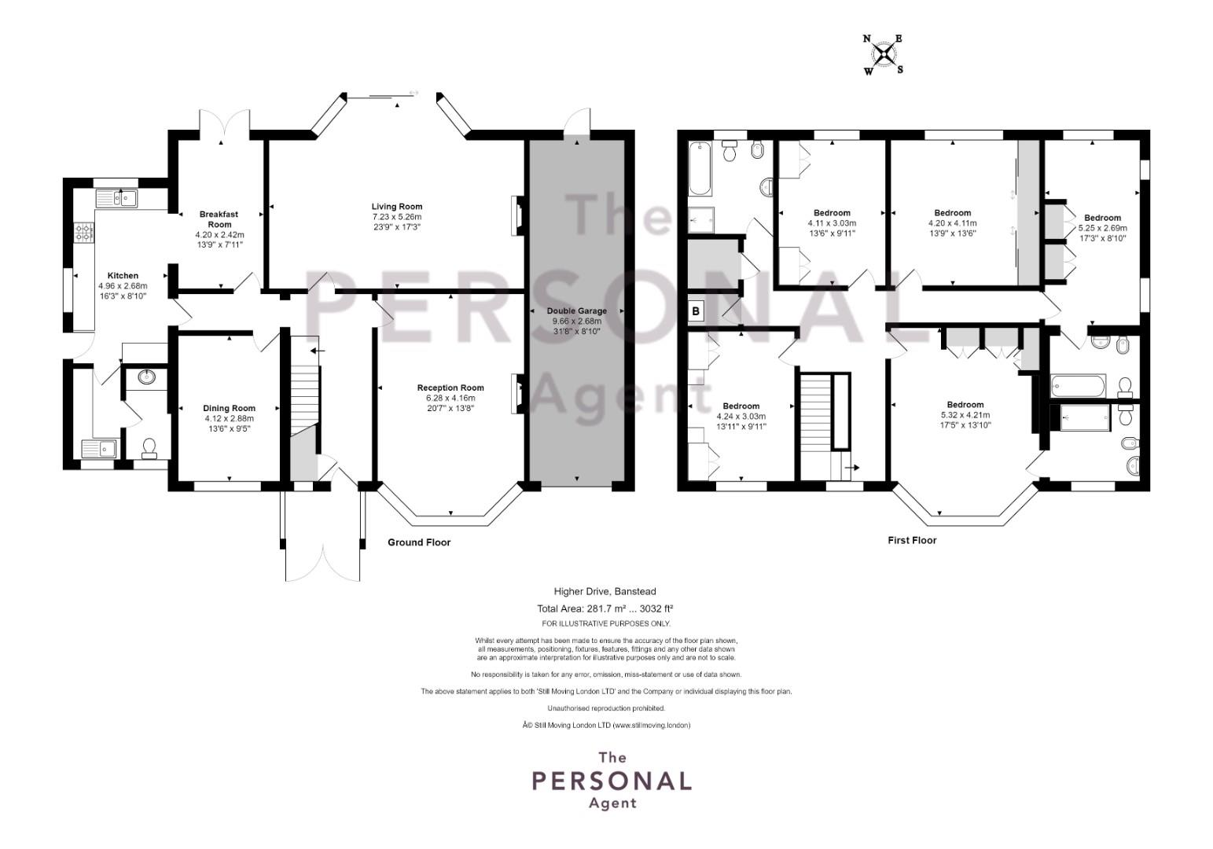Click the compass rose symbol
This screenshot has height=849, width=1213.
pos(884,54)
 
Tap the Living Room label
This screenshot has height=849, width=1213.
pos(397,206)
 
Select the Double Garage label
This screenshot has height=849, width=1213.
pos(577,311)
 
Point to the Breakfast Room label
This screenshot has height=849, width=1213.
pos(219,219)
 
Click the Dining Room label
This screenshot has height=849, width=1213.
pos(229,408)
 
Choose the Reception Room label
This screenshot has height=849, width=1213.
pos(450,388)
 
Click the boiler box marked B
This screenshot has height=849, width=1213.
pos(696,311)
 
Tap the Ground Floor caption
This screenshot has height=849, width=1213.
pos(419,542)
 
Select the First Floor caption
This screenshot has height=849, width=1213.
pos(913,540)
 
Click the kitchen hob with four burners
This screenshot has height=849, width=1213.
pos(84,233)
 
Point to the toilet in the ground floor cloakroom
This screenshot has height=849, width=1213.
pos(149,449)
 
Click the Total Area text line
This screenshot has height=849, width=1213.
pos(605,608)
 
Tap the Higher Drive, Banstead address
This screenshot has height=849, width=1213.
pos(605,592)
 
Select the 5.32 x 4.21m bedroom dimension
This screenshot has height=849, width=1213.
pos(965,415)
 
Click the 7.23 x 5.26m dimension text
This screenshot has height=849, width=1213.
pos(396,217)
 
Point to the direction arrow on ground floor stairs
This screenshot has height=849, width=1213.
pos(318,351)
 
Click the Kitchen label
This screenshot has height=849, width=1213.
pos(123,276)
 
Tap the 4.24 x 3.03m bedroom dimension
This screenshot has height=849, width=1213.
pos(741,417)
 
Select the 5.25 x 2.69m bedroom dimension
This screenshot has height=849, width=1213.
pos(1102,228)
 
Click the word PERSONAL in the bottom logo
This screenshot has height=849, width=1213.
pos(612,781)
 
